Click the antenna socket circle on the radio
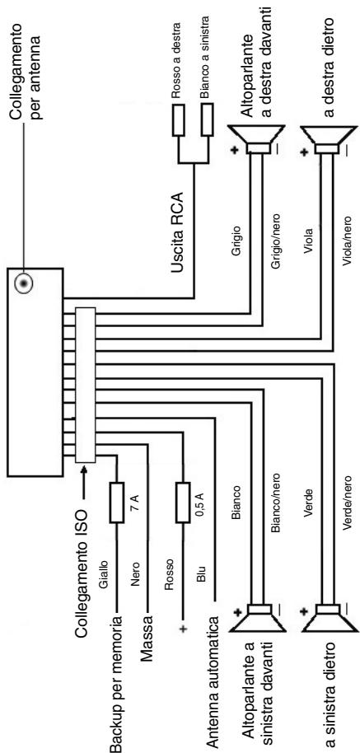[22, 284]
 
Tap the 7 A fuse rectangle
[117, 503]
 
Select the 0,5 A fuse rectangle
[182, 503]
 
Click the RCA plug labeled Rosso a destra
[179, 120]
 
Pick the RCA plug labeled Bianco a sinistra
[208, 120]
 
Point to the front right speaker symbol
[253, 140]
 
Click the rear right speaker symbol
[325, 140]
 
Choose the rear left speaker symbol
[328, 617]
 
